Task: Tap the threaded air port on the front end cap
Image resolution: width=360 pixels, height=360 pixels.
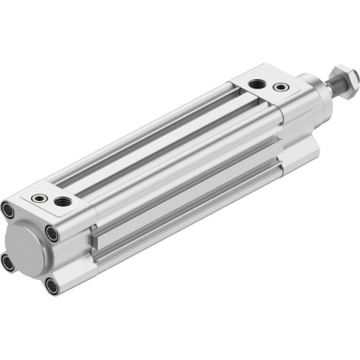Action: tap(256, 85)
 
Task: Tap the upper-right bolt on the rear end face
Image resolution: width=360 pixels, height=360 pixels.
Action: tap(52, 233)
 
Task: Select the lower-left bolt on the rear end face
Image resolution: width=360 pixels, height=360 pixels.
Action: tap(8, 264)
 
